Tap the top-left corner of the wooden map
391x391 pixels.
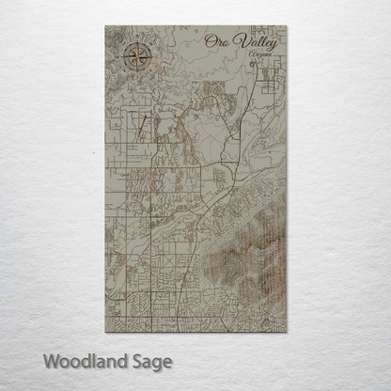coord(105,26)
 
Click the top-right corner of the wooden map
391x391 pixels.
coord(288,26)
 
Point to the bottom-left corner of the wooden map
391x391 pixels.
coord(105,332)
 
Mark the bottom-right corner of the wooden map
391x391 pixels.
coord(288,332)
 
